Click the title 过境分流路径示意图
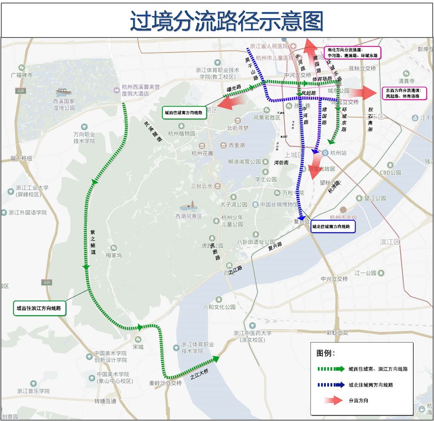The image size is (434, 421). point(226,19)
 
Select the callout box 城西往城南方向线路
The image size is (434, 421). point(183,112)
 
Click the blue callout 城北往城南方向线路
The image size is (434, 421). point(331,226)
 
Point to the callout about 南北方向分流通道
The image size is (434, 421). point(353,53)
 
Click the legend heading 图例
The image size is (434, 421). point(325,353)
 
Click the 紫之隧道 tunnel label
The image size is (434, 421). point(93,243)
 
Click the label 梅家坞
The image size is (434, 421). point(114,255)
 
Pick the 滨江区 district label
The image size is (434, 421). point(390,242)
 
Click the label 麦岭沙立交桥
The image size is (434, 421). point(166,383)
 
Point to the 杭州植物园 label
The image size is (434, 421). point(182,134)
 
